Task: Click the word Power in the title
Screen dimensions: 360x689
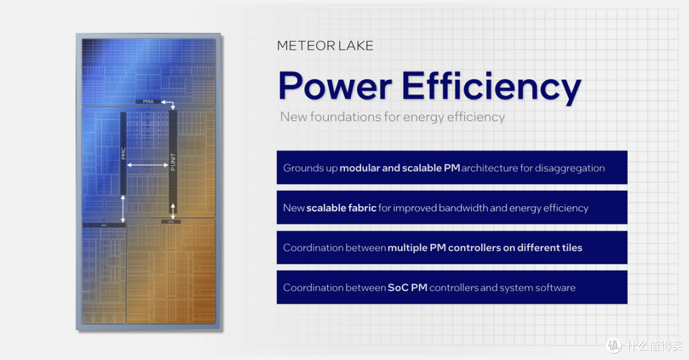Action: (x=334, y=86)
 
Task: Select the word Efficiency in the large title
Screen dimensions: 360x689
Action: (x=491, y=86)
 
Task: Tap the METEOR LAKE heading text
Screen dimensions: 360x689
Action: (x=325, y=46)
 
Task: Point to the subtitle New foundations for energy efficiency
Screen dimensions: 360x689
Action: (x=392, y=117)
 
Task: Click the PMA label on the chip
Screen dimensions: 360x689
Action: (x=148, y=101)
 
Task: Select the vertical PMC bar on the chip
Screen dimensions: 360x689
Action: (x=124, y=154)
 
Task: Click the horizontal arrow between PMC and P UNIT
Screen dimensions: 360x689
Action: (x=148, y=165)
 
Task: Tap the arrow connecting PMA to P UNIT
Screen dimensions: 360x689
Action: (x=169, y=105)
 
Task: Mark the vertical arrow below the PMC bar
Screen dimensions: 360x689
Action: (x=124, y=209)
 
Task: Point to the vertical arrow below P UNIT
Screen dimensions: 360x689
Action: (x=172, y=209)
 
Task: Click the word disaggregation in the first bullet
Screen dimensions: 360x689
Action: (x=572, y=168)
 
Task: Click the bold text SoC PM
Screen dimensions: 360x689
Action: (x=407, y=287)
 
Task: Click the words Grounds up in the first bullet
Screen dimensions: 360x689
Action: (x=310, y=168)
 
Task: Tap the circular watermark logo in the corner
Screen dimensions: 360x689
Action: (x=614, y=345)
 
